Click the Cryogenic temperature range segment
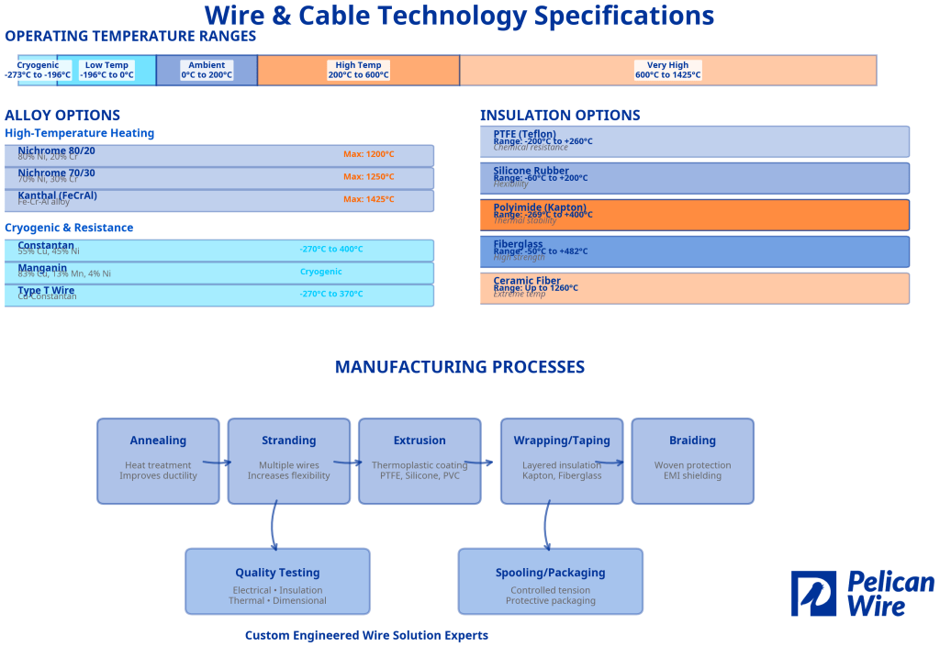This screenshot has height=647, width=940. coord(38,71)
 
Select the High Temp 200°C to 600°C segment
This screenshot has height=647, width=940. coord(358,71)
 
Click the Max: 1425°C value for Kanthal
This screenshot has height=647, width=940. coord(369,199)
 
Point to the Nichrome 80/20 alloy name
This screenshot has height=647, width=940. coord(56,151)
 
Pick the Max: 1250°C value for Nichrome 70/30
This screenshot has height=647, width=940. coord(369,177)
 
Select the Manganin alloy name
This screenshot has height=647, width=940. coord(42,268)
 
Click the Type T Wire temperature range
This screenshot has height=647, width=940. coord(330,294)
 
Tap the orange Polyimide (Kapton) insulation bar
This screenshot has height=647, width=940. coord(694,215)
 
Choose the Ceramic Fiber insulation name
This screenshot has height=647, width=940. coord(527,281)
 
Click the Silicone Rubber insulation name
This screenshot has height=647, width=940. coord(531,171)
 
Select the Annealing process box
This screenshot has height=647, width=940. coord(158,461)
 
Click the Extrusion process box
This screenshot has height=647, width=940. coord(420,461)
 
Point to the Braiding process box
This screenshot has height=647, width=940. coord(692,461)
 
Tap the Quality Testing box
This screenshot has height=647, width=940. coord(277,581)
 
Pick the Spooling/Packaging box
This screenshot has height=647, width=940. coord(551,581)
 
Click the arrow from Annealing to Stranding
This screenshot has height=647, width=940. coord(218,463)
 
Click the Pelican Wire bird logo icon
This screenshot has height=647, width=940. coord(813,594)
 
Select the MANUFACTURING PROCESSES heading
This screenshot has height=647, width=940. coord(459,367)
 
